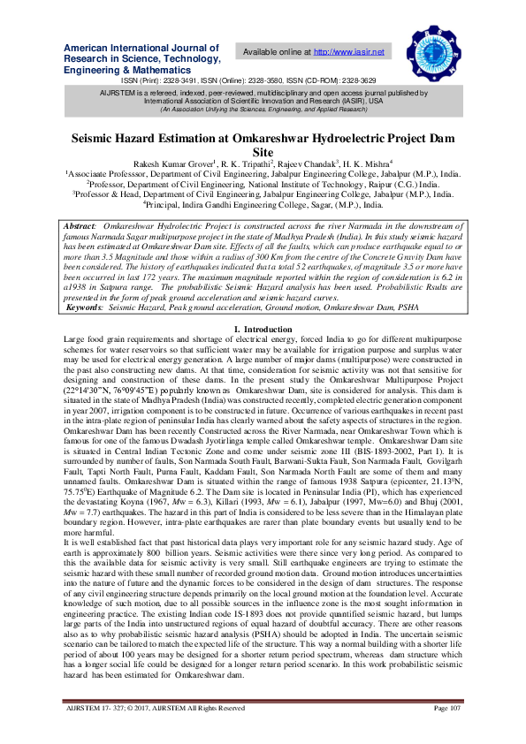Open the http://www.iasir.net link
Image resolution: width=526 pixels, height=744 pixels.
point(349,52)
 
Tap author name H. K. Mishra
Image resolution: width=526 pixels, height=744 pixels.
point(360,164)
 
